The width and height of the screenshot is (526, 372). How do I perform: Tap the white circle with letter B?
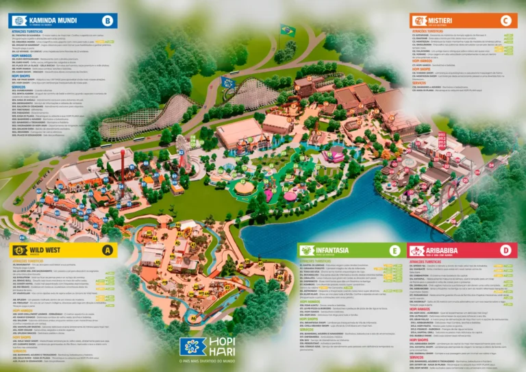tap(107, 21)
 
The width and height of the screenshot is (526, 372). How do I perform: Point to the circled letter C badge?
tap(505, 21)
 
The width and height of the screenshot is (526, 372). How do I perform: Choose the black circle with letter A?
tap(107, 250)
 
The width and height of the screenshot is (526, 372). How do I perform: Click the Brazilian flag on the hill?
tap(287, 30)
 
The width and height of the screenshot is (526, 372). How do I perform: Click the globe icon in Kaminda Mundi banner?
tap(18, 21)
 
